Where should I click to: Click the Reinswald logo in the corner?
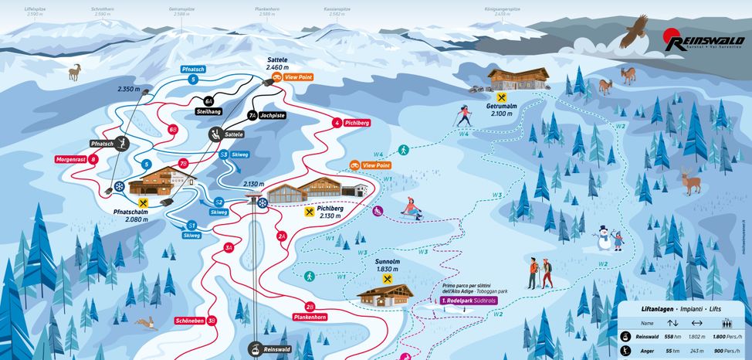[x=700, y=41]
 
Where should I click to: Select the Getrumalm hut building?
[x=517, y=79]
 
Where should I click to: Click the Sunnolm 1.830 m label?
[x=387, y=265]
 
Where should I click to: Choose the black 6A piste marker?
[x=208, y=100]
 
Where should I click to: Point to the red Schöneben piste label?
[x=190, y=320]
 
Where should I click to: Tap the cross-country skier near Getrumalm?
[x=463, y=117]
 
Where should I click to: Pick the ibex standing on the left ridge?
[x=76, y=73]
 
